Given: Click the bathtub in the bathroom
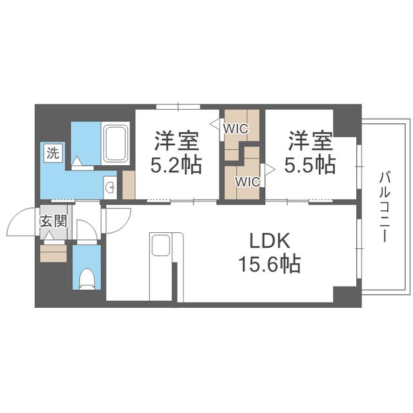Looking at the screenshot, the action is [116, 143].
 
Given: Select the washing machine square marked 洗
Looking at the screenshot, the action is [53, 152].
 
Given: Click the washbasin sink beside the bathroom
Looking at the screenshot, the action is [110, 188].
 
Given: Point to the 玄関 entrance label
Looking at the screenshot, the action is [54, 221].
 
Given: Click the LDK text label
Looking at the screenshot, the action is [270, 241].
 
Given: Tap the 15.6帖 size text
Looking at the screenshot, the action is [270, 264].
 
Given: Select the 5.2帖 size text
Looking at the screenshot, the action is [176, 165].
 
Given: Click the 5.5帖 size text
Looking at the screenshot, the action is [310, 165].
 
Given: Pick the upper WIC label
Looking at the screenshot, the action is [236, 128].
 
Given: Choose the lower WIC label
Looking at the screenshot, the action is [248, 181].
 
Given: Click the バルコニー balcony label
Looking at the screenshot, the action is [385, 206].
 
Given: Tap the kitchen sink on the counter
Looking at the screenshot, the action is [161, 245].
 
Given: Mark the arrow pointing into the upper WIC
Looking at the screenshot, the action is [215, 124].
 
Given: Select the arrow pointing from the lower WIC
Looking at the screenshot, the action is [270, 169].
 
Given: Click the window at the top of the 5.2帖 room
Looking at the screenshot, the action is [178, 106].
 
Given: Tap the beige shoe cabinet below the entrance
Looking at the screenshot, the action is [53, 254].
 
